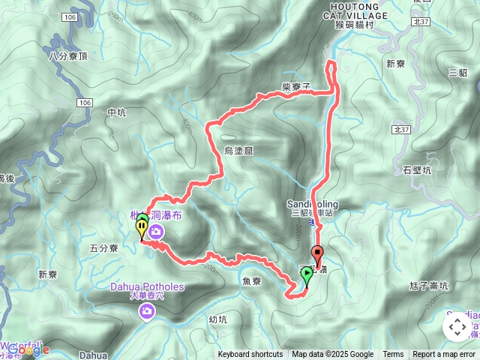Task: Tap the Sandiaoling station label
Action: pos(313,203)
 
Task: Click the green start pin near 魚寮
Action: pos(306,277)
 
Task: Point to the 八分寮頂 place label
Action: pos(67,55)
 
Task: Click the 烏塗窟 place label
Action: pos(239,151)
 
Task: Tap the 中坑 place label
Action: pos(116,112)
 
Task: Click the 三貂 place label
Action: pos(457,72)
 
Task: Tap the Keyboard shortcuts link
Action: pos(250,355)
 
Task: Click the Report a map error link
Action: pos(445,355)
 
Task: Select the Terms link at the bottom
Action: pos(393,355)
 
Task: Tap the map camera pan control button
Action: pos(457,326)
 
